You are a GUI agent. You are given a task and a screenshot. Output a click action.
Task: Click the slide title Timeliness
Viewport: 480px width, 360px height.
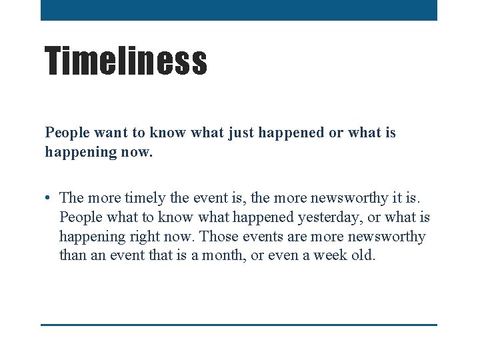tap(126, 60)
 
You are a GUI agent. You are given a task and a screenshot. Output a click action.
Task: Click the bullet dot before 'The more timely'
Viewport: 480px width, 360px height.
tap(49, 198)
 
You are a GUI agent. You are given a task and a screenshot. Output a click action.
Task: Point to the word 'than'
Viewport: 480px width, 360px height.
tap(71, 255)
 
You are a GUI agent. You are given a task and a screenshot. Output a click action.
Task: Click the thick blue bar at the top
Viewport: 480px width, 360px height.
tap(239, 10)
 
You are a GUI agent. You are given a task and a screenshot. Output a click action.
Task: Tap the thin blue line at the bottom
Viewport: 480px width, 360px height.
tap(239, 325)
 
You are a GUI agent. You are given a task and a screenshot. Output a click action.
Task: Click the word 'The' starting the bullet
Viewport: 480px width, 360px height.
tap(71, 198)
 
